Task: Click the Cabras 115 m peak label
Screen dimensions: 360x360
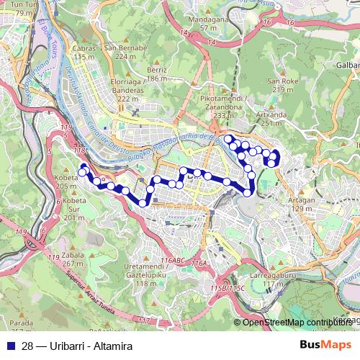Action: [x=84, y=53]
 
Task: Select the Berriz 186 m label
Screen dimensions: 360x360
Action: [x=156, y=74]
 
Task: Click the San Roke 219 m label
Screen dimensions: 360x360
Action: [x=282, y=85]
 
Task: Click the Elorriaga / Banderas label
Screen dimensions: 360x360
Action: [x=126, y=94]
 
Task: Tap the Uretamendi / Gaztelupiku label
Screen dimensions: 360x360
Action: [x=146, y=275]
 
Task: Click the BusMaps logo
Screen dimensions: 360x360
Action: [x=325, y=346]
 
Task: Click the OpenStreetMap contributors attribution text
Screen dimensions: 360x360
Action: [x=295, y=323]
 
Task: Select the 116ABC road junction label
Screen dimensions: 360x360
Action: [x=174, y=259]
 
